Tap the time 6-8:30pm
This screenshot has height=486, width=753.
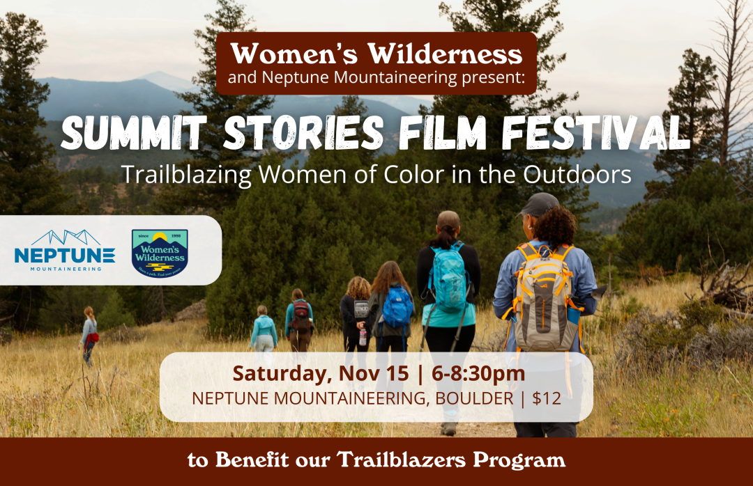[x=478, y=373]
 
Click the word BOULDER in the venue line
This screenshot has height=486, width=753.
[x=455, y=400]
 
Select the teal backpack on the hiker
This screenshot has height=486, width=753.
[x=449, y=278]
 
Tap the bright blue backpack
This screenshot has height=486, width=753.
[x=397, y=307]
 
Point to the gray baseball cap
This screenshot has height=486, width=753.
[x=538, y=203]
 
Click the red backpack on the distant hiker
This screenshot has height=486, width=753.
[x=301, y=315]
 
